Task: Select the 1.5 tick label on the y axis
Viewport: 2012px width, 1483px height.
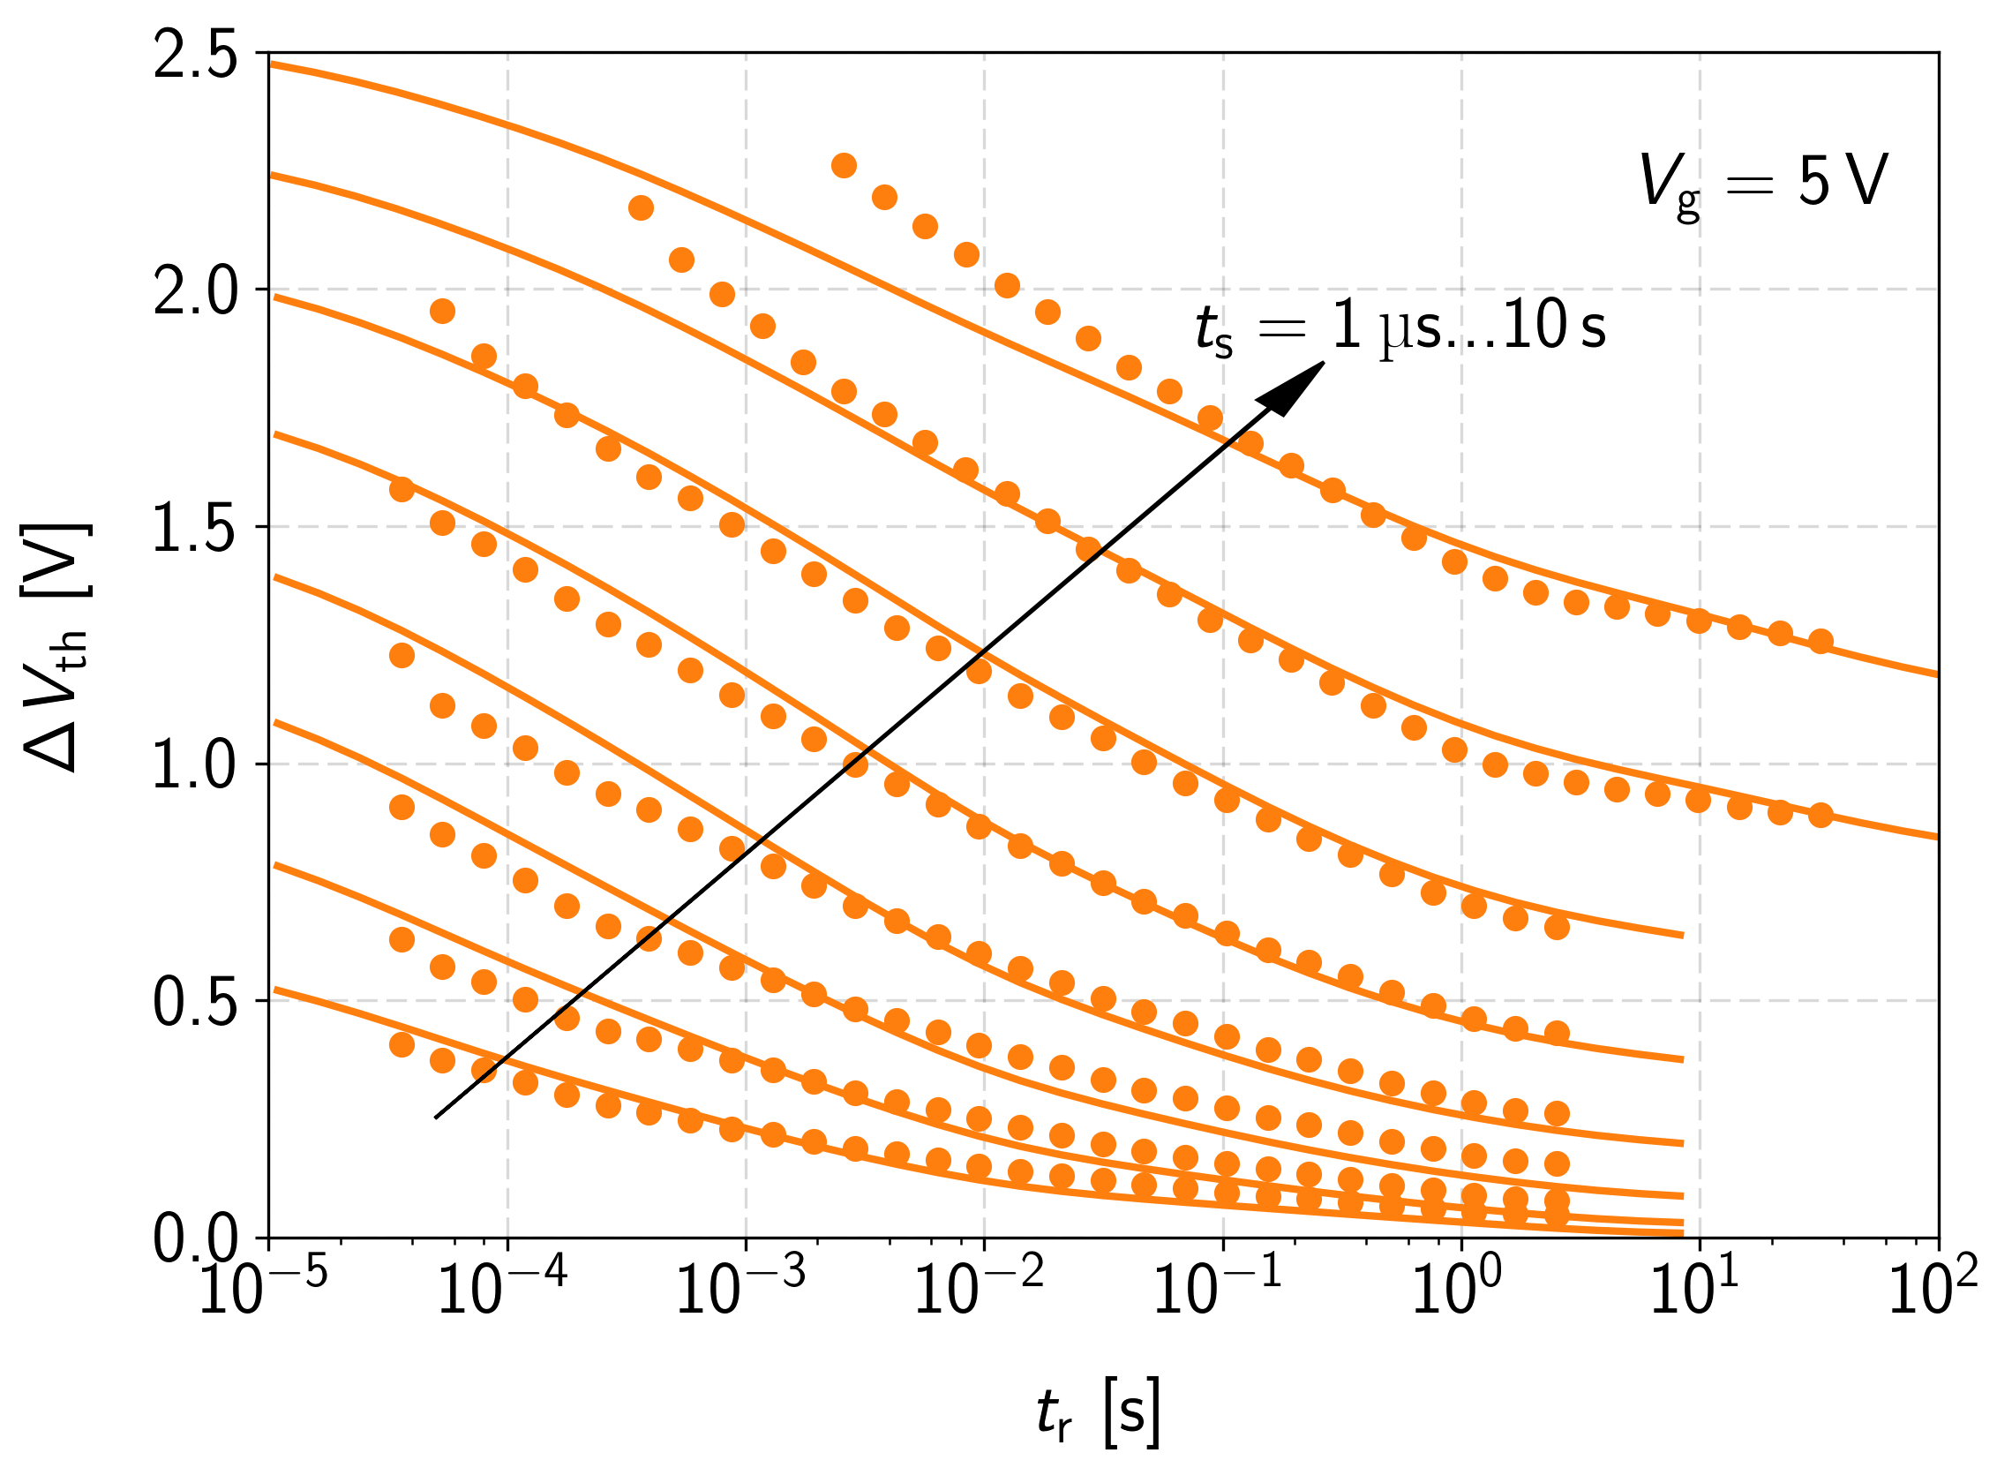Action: point(196,529)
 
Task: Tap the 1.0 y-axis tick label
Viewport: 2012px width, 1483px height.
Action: point(196,765)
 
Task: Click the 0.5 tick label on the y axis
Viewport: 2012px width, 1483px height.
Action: point(196,1002)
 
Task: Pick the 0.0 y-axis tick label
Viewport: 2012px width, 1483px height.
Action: point(196,1239)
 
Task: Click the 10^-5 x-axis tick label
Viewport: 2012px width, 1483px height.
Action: point(263,1290)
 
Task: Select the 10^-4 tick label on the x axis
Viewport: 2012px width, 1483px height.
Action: point(502,1290)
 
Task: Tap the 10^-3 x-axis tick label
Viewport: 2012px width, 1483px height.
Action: point(741,1290)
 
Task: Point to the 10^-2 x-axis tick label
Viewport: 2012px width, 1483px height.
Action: point(980,1290)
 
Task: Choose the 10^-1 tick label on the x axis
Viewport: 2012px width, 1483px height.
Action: point(1219,1290)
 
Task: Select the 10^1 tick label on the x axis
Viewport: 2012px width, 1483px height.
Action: point(1694,1290)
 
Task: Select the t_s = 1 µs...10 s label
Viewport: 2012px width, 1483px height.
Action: point(1400,327)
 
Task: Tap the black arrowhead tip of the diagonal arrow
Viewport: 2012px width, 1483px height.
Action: point(1323,364)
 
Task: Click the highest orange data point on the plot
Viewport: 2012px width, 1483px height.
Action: point(844,165)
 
